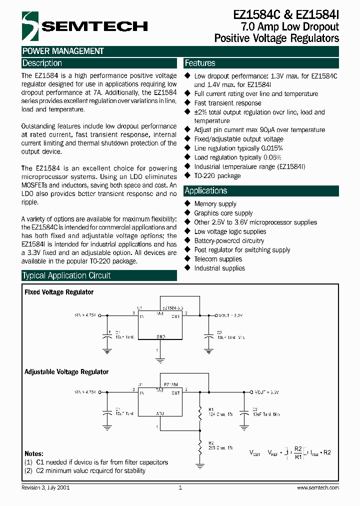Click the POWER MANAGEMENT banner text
coord(63,51)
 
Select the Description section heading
coord(42,63)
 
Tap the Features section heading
coord(200,63)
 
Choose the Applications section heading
coord(206,191)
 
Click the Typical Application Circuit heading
coord(66,275)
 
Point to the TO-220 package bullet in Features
coord(217,176)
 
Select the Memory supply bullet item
coord(215,204)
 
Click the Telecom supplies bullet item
coord(218,259)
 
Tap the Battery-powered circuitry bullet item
coord(229,240)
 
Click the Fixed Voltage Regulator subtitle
coord(59,292)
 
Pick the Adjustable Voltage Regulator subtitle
coord(66,372)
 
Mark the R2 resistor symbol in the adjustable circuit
coord(200,445)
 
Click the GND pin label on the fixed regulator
coord(161,336)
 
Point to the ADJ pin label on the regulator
coord(160,414)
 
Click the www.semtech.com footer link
coord(317,487)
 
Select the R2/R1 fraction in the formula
coord(298,453)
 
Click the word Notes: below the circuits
coord(34,454)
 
